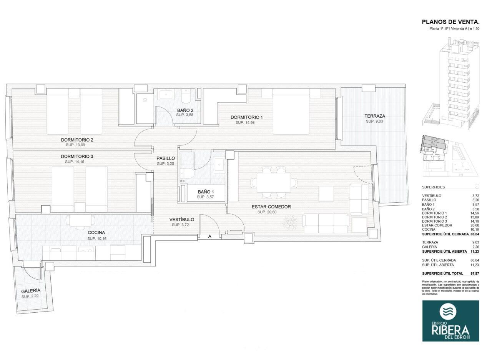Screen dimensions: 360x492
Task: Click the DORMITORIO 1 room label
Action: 246,117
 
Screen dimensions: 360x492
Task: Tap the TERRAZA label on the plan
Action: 375,116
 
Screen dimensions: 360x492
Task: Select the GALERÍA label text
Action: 31,291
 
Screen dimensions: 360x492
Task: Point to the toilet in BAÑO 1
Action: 186,173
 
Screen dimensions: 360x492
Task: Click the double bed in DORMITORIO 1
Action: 291,111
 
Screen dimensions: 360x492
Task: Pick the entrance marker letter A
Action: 209,237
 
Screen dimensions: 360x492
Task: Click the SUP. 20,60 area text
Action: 267,212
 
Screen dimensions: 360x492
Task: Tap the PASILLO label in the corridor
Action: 166,158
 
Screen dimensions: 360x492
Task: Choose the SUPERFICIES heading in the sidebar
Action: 433,187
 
